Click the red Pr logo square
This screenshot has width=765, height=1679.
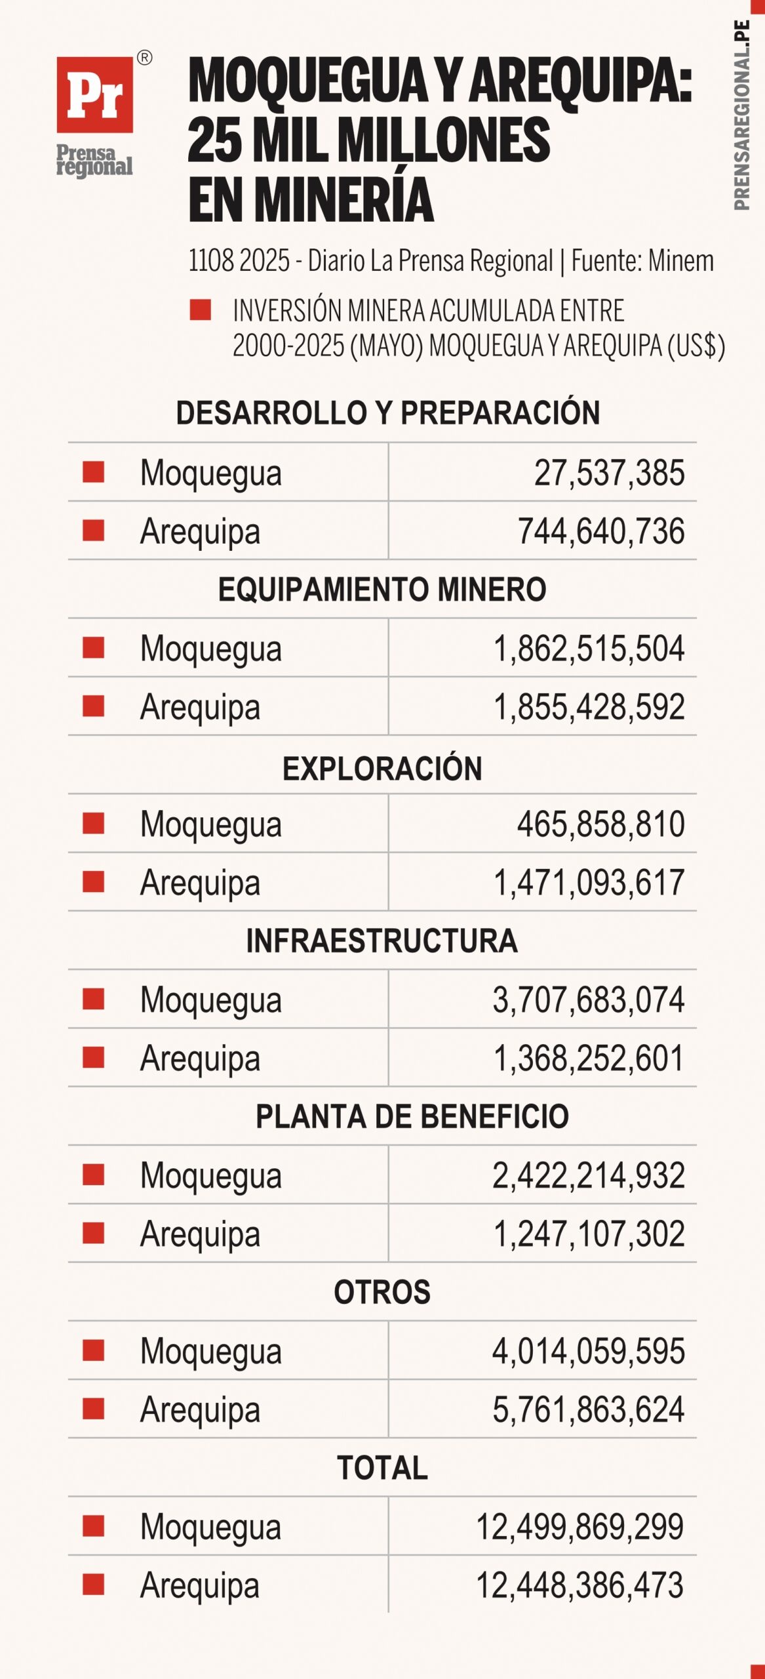coord(94,95)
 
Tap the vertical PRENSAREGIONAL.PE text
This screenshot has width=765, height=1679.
coord(741,115)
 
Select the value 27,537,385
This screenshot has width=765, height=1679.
coord(609,473)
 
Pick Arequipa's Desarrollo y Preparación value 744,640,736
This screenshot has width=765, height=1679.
coord(601,531)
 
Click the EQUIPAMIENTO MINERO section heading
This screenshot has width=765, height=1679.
coord(382,589)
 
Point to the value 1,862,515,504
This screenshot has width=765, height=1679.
coord(589,649)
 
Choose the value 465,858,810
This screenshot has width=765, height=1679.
coord(600,824)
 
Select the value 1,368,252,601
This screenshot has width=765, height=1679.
coord(589,1059)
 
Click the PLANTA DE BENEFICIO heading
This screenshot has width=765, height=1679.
coord(412,1116)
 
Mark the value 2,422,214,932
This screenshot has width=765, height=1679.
coord(589,1176)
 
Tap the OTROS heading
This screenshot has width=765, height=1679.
coord(382,1292)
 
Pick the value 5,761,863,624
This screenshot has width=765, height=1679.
coord(589,1410)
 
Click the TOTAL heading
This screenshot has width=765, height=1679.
coord(382,1468)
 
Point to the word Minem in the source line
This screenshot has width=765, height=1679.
coord(681,261)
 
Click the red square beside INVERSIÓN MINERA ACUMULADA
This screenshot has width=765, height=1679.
coord(200,310)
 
